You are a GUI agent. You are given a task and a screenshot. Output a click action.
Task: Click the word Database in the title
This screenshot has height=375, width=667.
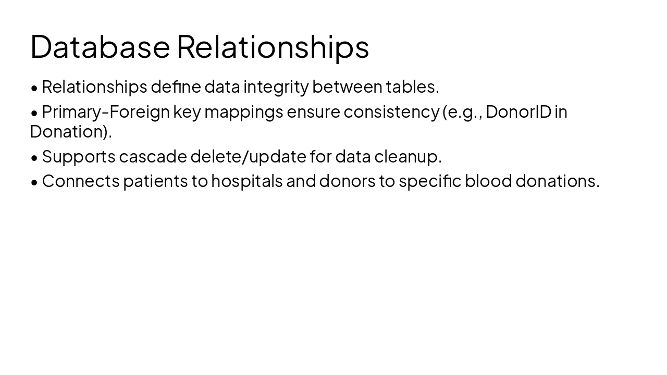[x=100, y=46]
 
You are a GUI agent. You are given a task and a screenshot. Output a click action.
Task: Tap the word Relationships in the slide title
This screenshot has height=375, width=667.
[x=273, y=46]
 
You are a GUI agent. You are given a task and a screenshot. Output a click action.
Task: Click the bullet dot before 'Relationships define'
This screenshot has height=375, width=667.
[x=34, y=88]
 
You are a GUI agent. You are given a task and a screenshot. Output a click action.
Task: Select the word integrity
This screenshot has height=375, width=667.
[x=276, y=87]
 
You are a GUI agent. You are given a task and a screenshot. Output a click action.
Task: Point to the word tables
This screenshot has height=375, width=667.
[x=412, y=87]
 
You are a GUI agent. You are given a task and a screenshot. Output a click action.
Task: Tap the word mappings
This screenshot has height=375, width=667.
[x=243, y=112]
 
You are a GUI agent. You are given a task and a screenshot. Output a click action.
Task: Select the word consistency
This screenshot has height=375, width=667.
[x=391, y=112]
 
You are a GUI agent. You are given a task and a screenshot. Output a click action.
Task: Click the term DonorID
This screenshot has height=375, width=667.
[x=518, y=112]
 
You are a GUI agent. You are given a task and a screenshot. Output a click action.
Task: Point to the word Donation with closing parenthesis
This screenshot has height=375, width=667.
[x=71, y=132]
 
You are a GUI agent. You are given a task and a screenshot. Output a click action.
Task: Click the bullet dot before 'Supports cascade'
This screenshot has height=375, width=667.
[x=34, y=157]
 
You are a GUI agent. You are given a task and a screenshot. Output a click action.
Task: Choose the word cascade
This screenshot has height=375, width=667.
[x=153, y=156]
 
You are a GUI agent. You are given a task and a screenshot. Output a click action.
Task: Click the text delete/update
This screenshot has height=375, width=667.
[x=248, y=156]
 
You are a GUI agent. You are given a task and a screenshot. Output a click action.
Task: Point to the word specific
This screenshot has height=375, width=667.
[x=430, y=181]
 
